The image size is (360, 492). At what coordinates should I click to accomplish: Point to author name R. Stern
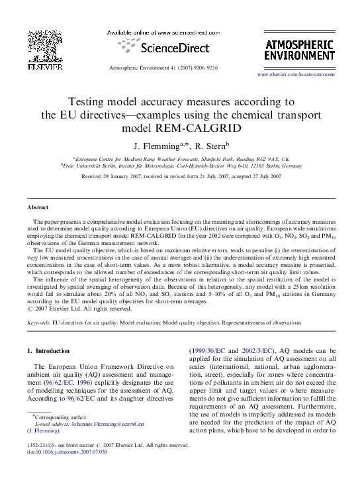[x=210, y=146]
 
